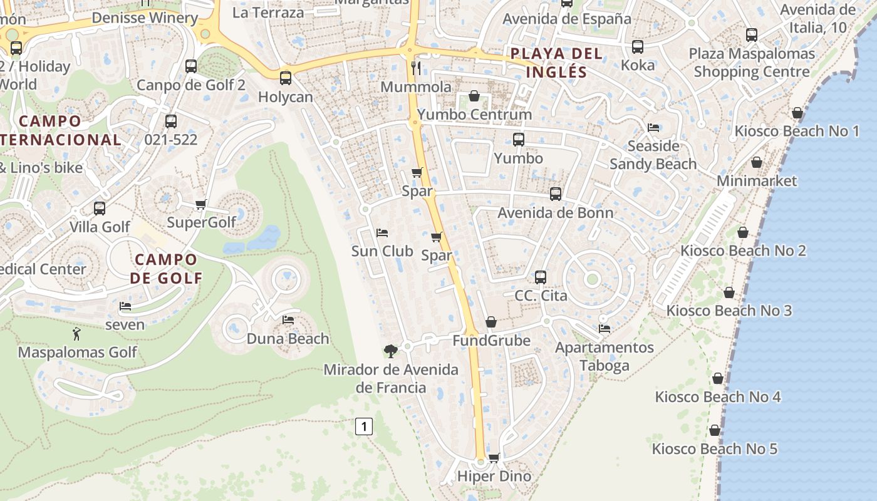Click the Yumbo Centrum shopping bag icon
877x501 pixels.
474,96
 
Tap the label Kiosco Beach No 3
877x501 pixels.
729,311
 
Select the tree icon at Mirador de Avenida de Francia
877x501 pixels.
391,351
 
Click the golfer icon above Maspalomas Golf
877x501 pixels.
76,334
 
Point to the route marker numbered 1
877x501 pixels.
363,427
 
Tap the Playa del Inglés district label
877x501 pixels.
556,63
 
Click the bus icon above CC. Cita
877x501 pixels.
541,277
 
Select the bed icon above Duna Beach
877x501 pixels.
288,320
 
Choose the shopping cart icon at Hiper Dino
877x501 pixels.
494,458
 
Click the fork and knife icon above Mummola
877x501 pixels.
416,68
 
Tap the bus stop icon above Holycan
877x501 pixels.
286,78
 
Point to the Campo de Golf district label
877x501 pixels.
166,269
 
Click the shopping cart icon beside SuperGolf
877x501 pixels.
201,204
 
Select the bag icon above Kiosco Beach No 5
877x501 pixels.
714,430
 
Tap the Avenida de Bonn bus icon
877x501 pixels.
555,194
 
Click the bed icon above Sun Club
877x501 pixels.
381,233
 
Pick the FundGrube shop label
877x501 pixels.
491,341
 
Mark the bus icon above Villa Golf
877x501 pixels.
100,209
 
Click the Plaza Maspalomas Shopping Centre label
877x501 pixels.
752,63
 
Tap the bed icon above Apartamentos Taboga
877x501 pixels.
604,328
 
